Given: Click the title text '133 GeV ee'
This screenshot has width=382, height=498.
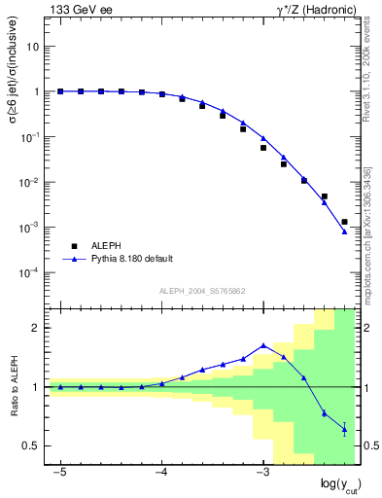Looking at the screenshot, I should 79,10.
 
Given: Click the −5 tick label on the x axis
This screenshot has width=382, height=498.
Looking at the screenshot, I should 59,472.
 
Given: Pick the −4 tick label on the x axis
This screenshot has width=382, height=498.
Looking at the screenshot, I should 160,472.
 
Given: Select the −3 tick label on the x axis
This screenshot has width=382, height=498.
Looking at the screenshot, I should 261,472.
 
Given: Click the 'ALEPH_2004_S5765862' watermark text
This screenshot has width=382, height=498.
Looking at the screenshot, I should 202,291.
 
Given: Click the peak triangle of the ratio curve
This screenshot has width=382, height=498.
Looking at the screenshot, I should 263,345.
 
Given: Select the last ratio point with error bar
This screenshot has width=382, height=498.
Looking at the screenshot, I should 344,429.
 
